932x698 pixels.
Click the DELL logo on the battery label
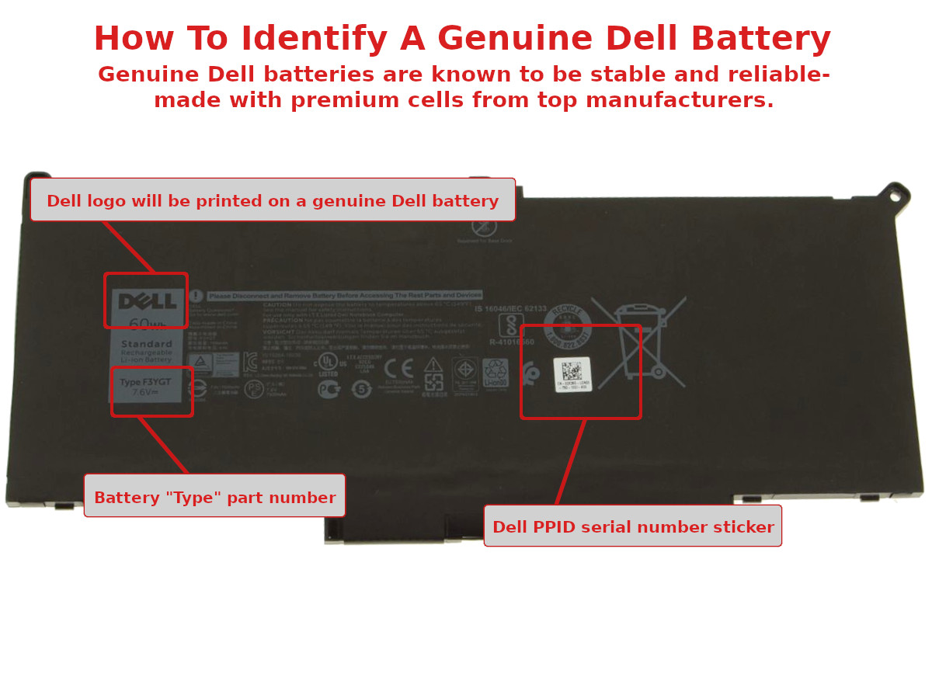pyautogui.click(x=147, y=301)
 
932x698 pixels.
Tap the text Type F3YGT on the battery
pyautogui.click(x=145, y=382)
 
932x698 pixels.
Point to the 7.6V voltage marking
pyautogui.click(x=145, y=393)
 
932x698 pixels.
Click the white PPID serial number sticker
pyautogui.click(x=573, y=374)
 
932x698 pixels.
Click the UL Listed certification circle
pyautogui.click(x=326, y=362)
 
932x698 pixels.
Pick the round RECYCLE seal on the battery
pyautogui.click(x=567, y=325)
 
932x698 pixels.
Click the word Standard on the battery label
pyautogui.click(x=147, y=344)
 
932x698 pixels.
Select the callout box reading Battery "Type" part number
pyautogui.click(x=215, y=497)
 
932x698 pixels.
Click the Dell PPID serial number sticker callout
pyautogui.click(x=633, y=526)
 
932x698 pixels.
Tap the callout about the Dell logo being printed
pyautogui.click(x=273, y=200)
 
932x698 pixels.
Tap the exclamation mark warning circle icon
pyautogui.click(x=196, y=296)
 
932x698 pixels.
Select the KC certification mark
pyautogui.click(x=250, y=361)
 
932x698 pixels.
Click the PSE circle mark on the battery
pyautogui.click(x=253, y=389)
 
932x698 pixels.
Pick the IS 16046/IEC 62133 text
pyautogui.click(x=510, y=308)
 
